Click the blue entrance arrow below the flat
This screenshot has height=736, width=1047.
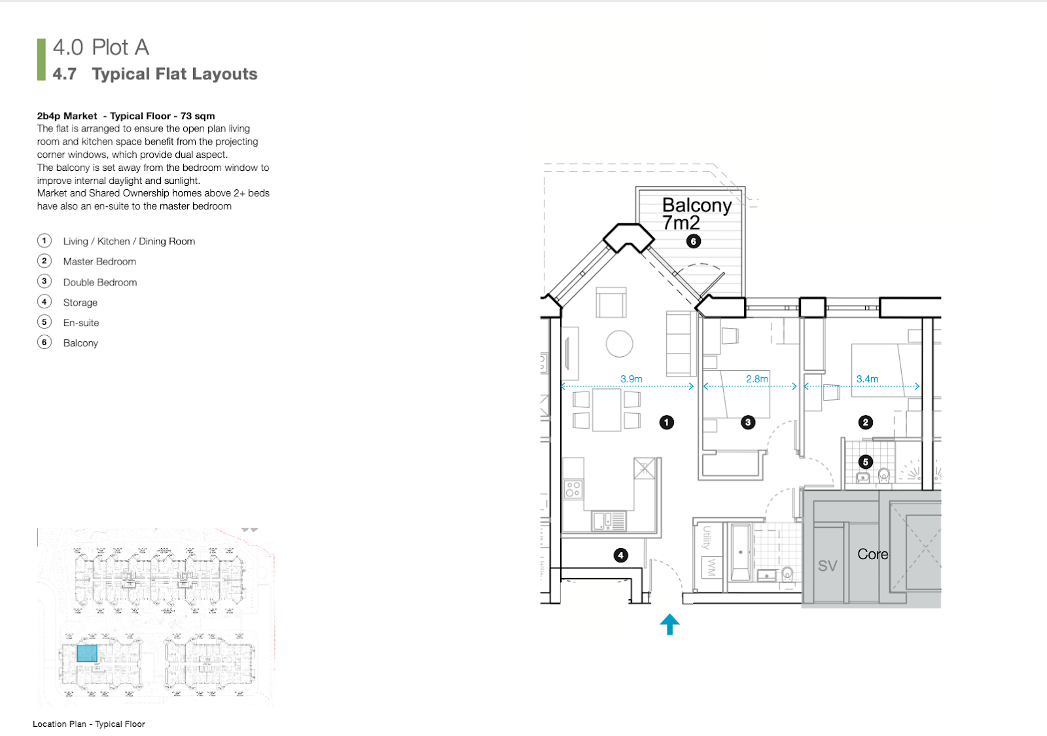click(669, 624)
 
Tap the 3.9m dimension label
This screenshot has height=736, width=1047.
click(631, 379)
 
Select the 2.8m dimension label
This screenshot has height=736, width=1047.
click(756, 379)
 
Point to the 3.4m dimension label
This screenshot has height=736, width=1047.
click(867, 379)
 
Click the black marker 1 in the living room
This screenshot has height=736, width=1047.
click(666, 422)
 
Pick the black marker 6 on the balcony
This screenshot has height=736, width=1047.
click(694, 241)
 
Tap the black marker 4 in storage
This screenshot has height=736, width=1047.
click(620, 555)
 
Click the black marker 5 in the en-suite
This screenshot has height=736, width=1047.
click(865, 462)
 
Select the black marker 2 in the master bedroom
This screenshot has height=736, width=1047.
click(865, 422)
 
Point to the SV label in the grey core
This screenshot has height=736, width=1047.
click(827, 566)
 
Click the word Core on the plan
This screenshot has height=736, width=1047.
click(872, 555)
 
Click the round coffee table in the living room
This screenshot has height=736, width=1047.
click(619, 344)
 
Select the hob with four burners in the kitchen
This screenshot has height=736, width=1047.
click(573, 489)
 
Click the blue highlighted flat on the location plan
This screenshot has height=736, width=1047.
click(87, 653)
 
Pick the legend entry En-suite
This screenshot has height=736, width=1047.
click(81, 323)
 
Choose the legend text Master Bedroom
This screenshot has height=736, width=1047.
click(99, 261)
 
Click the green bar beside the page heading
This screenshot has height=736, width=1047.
click(41, 60)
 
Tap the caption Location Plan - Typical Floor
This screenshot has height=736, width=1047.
click(89, 724)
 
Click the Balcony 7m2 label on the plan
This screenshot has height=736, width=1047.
click(696, 214)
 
